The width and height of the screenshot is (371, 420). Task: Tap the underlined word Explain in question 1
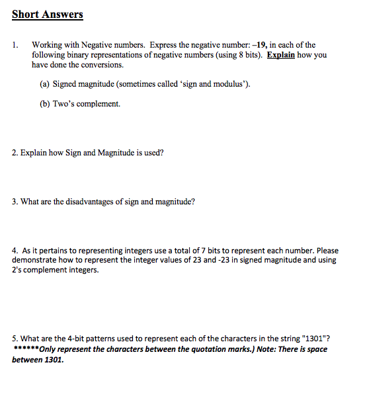tap(280, 55)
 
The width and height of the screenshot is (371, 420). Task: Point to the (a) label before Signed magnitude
tap(46, 84)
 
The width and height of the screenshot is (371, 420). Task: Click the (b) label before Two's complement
tap(46, 104)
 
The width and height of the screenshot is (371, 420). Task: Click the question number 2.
tap(15, 153)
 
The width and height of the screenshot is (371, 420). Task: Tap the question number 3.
tap(15, 202)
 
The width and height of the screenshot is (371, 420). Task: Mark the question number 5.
tap(15, 339)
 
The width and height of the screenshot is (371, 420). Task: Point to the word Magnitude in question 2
tap(116, 153)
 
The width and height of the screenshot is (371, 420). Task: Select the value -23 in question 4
tap(233, 261)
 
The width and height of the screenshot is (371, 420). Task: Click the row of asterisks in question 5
tap(26, 349)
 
